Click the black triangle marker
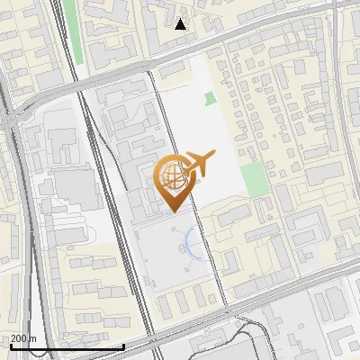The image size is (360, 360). (x=181, y=23)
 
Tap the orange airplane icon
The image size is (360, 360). (x=199, y=163)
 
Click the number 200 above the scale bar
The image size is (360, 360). (x=19, y=338)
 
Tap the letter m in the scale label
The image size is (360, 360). (x=33, y=339)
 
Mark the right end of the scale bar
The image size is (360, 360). (x=123, y=347)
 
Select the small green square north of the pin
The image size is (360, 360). (x=210, y=98)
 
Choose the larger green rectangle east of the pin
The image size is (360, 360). (x=256, y=179)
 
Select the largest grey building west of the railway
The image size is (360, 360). (x=76, y=185)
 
